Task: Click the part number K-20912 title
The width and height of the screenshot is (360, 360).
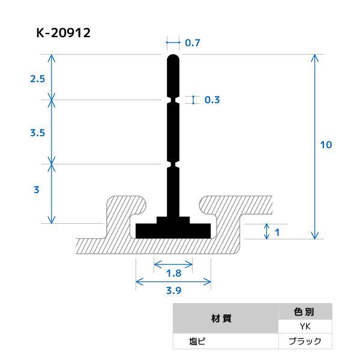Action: pyautogui.click(x=63, y=33)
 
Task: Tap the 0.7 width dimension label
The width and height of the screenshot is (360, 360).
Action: pyautogui.click(x=193, y=43)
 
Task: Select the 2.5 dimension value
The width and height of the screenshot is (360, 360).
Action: pyautogui.click(x=37, y=78)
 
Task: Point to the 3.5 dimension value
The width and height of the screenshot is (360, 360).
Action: pyautogui.click(x=37, y=133)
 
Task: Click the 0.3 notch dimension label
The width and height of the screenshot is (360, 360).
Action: pyautogui.click(x=212, y=100)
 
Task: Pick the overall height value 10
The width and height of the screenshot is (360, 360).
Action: pyautogui.click(x=326, y=145)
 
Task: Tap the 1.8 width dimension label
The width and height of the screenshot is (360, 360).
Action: pyautogui.click(x=173, y=273)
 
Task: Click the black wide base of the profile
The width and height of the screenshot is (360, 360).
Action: pyautogui.click(x=173, y=230)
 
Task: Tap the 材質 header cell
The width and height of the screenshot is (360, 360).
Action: pyautogui.click(x=226, y=319)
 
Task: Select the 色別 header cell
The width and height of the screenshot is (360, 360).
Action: pyautogui.click(x=305, y=312)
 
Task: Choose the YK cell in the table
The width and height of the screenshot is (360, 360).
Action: pyautogui.click(x=305, y=327)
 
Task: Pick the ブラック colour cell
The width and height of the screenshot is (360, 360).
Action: pyautogui.click(x=305, y=341)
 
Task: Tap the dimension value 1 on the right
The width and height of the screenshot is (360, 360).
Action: pyautogui.click(x=277, y=231)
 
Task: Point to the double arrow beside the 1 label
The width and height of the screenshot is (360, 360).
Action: pyautogui.click(x=266, y=231)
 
